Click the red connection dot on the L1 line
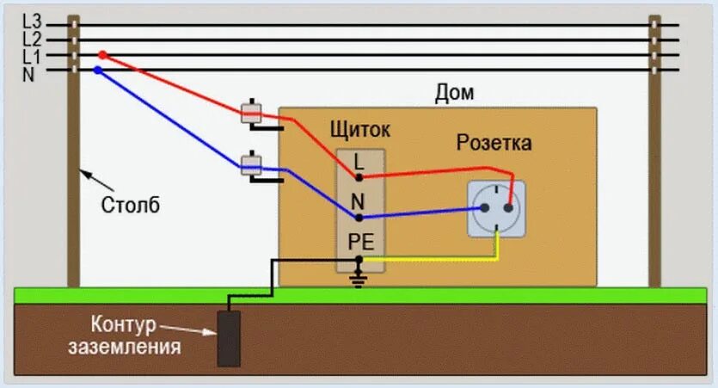102,55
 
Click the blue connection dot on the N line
97,71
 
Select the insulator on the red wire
251,113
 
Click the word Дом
454,93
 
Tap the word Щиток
359,130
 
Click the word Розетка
493,143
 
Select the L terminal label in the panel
359,160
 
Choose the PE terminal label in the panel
359,241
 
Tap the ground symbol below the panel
359,279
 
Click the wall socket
496,208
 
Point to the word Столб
130,206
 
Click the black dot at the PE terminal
359,259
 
